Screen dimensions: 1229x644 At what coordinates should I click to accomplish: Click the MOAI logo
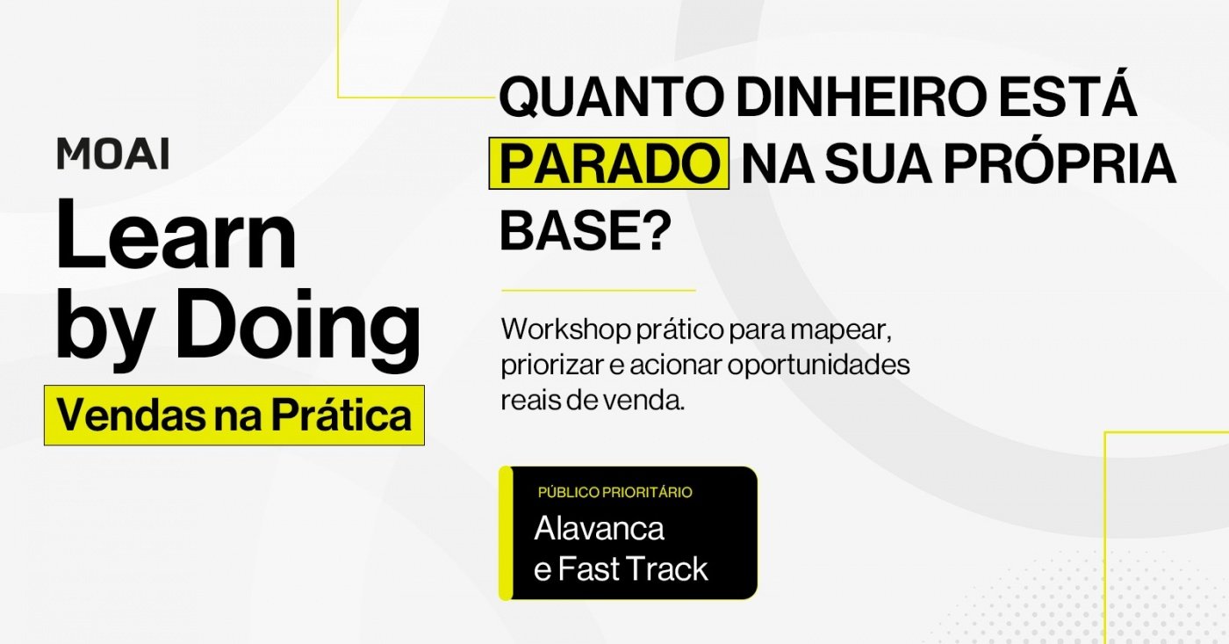(113, 154)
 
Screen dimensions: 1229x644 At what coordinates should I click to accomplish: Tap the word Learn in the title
(176, 235)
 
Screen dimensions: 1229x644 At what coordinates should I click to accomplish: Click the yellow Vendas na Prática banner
(234, 415)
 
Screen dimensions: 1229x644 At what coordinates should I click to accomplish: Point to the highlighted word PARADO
(609, 163)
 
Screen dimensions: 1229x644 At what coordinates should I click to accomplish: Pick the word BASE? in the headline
(586, 230)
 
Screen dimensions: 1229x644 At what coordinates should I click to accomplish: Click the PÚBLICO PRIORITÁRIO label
(615, 493)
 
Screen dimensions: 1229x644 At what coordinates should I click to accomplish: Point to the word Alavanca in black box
(599, 529)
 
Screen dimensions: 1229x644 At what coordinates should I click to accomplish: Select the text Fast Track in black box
(633, 568)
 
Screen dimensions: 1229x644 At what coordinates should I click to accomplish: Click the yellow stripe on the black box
(506, 533)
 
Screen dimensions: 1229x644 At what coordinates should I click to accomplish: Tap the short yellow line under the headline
(599, 291)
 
